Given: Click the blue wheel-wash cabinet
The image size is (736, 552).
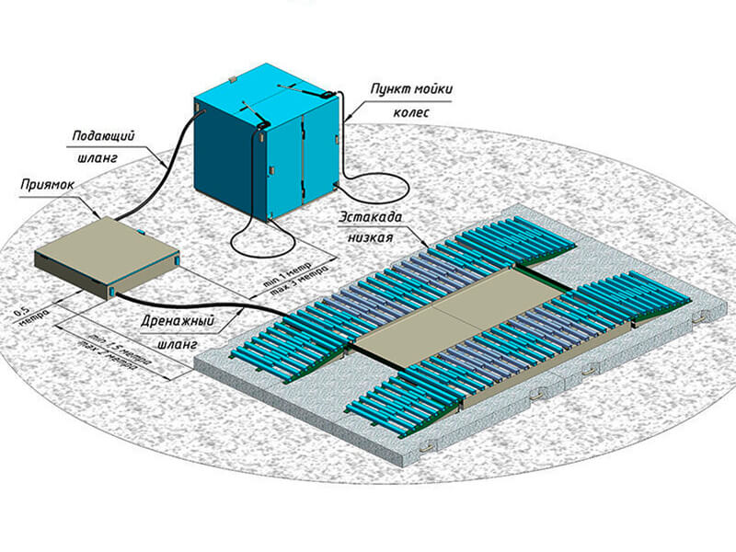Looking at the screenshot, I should tap(262, 147).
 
